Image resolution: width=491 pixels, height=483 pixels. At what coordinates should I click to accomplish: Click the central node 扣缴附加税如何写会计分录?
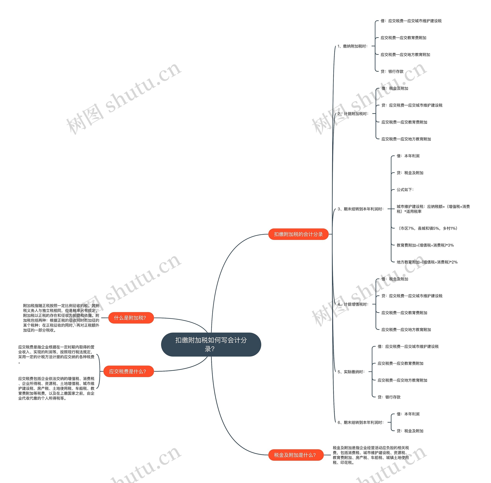tap(211, 344)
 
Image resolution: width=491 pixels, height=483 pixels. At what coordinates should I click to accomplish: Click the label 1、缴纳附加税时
tap(353, 46)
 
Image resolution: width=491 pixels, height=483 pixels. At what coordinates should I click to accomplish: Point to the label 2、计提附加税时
tap(353, 114)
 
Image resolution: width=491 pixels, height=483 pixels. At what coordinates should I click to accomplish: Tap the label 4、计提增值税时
tap(353, 304)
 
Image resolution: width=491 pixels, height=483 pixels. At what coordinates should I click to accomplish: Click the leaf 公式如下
tap(405, 189)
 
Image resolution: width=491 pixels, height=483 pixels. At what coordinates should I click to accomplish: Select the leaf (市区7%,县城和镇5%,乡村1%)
tap(427, 228)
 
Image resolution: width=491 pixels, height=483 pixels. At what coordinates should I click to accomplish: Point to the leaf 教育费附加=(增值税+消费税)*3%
tap(425, 245)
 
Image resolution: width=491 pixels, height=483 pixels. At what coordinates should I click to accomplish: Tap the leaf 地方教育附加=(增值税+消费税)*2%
tap(427, 262)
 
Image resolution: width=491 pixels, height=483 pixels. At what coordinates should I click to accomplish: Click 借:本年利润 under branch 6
tap(408, 414)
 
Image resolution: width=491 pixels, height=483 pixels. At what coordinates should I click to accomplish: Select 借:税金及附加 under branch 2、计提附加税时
tap(395, 88)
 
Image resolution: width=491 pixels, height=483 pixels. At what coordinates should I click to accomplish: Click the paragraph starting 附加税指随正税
tap(61, 318)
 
